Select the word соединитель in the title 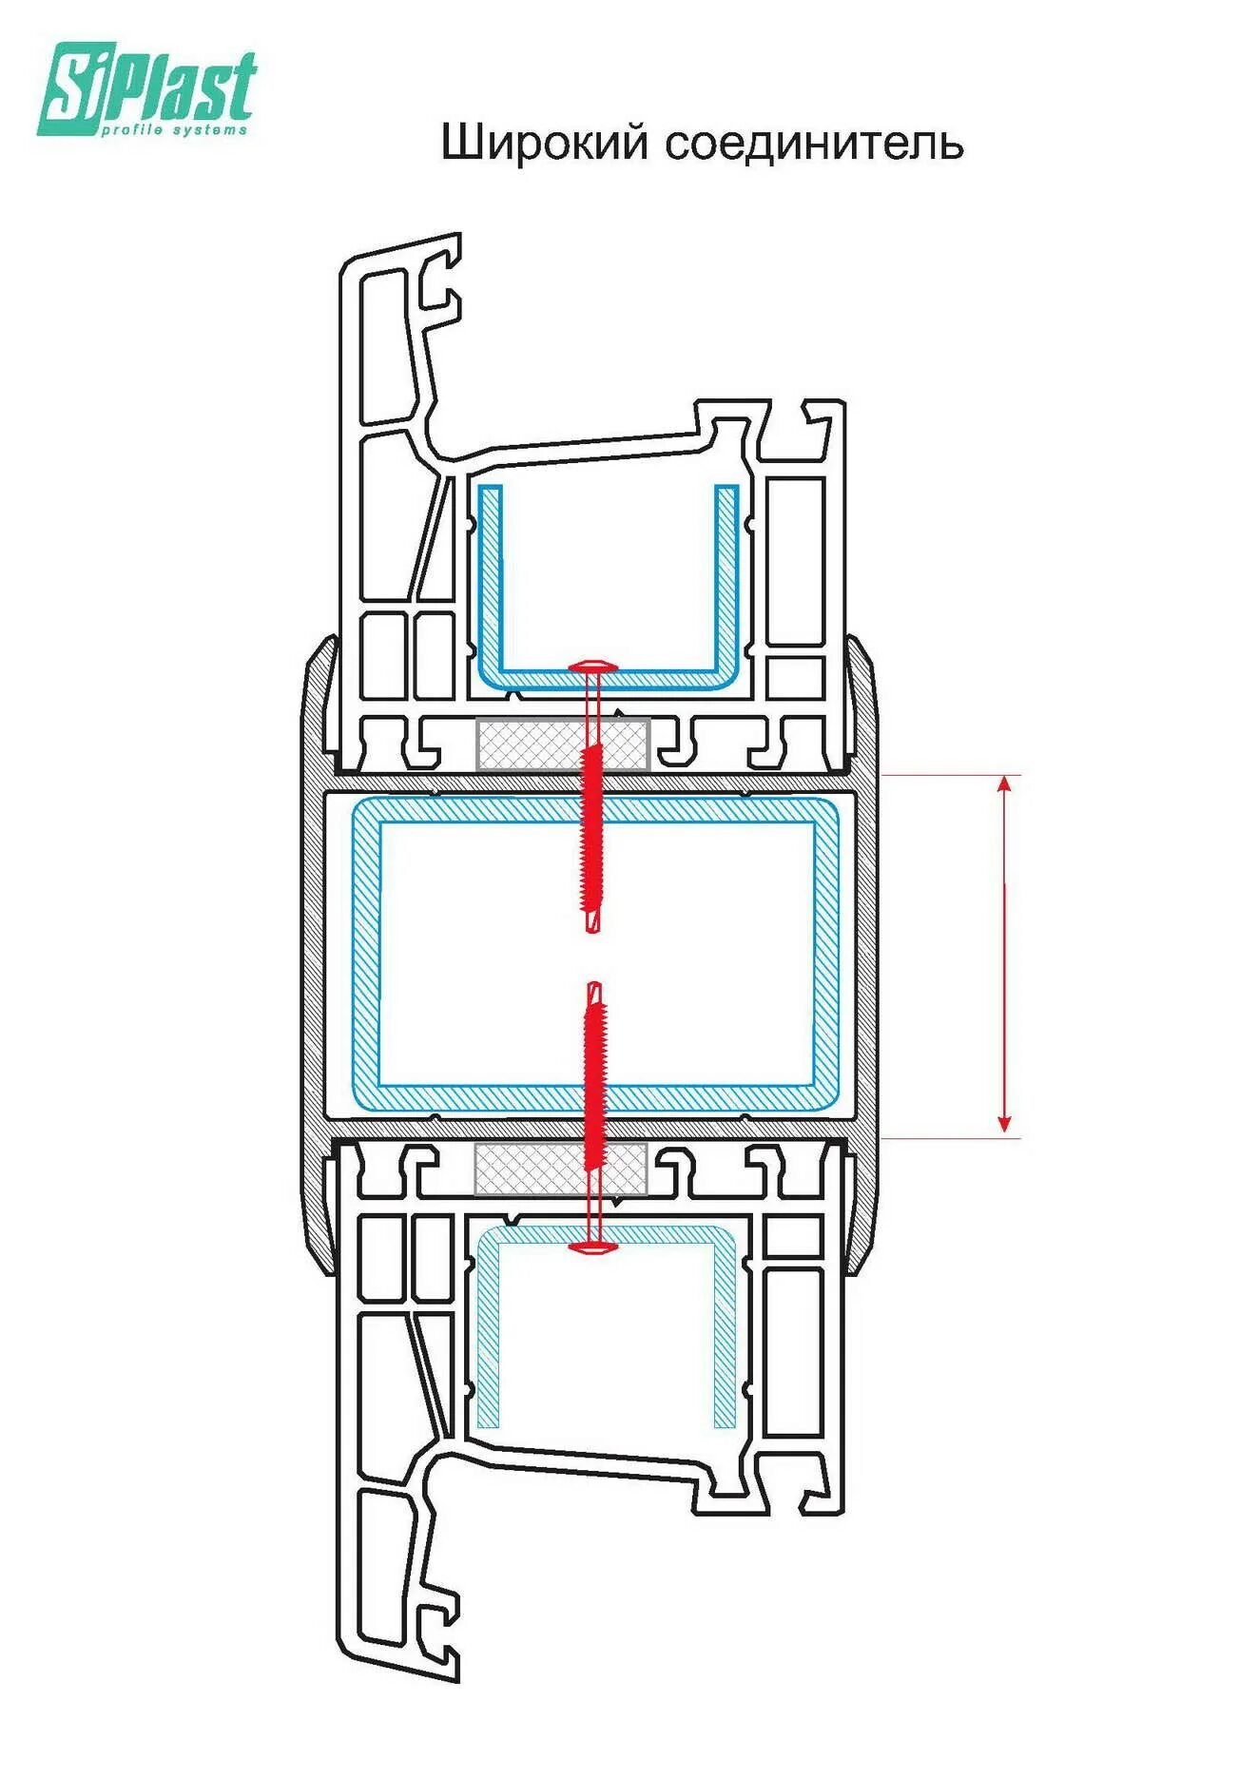pos(814,144)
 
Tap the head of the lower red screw pos(593,1246)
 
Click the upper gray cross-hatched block pos(561,744)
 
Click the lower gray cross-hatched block pos(561,1170)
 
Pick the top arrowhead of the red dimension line pos(1005,784)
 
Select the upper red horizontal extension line pos(951,775)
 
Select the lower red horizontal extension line pos(951,1137)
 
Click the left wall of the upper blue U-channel pos(490,580)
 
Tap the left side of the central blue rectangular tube pos(366,951)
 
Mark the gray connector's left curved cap pos(315,951)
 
